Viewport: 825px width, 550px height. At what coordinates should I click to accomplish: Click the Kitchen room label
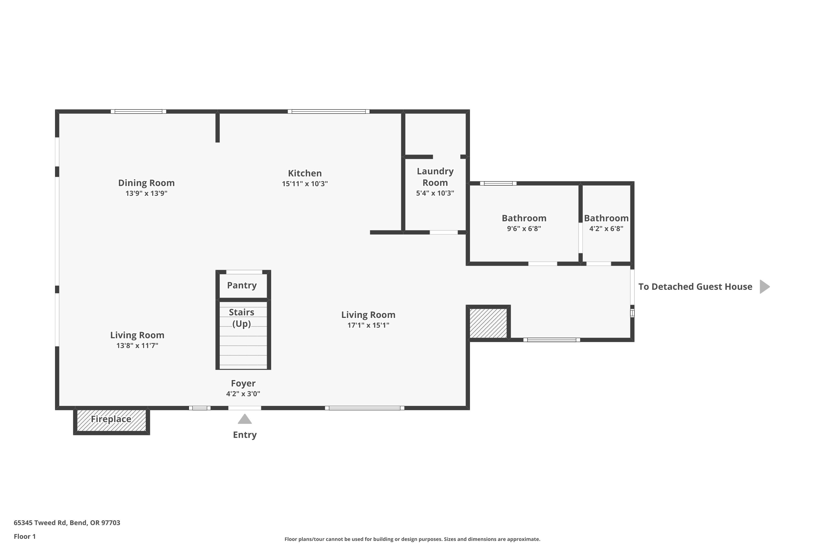[304, 173]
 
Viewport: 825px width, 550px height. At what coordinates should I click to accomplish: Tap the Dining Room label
[146, 183]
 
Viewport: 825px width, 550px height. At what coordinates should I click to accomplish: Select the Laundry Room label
[435, 177]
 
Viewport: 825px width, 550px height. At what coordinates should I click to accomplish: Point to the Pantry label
[242, 285]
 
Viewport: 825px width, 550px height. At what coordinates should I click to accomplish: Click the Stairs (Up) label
[242, 318]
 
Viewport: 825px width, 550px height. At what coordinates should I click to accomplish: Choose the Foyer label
[243, 383]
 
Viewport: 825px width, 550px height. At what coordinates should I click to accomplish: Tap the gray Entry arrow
[245, 419]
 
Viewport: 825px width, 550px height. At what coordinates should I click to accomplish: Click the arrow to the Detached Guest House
[765, 287]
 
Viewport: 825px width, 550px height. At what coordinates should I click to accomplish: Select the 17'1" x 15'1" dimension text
[368, 325]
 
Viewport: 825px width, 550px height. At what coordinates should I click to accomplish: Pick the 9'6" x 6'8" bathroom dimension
[524, 229]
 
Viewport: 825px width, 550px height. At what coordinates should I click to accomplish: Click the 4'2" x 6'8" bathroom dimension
[606, 229]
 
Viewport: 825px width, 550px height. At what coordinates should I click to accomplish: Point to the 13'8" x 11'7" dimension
[137, 345]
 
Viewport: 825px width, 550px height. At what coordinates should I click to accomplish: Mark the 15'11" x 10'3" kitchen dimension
[305, 183]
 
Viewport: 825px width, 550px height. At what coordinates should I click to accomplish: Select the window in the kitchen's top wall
[329, 112]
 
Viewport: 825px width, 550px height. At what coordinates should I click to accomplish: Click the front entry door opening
[244, 408]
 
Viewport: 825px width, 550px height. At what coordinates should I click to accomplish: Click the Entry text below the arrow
[245, 435]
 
